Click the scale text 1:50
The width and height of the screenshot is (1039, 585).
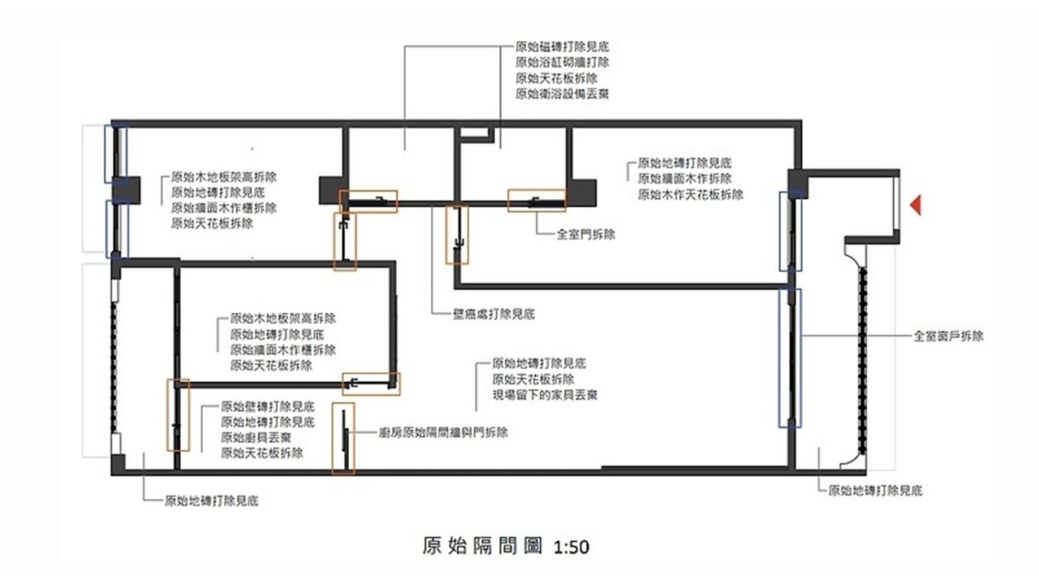tap(571, 547)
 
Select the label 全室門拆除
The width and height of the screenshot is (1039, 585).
tap(586, 234)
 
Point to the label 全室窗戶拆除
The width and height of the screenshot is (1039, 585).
tap(948, 336)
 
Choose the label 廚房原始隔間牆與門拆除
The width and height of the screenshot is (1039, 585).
tap(443, 433)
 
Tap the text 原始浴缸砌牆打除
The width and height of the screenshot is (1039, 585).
tap(563, 62)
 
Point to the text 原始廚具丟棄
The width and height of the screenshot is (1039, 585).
tap(257, 437)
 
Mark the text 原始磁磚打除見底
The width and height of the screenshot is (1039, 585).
tap(563, 46)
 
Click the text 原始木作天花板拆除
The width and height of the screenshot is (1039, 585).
tap(691, 194)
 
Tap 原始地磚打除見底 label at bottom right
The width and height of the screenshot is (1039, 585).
tap(875, 490)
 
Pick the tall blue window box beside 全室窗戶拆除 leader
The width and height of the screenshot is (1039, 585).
tap(789, 357)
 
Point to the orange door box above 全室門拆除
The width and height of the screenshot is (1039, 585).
tap(537, 200)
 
